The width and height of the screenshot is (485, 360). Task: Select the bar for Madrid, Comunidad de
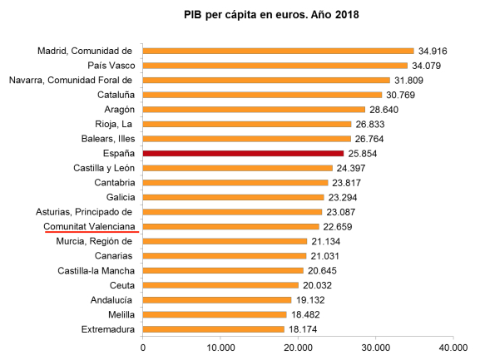tap(278, 51)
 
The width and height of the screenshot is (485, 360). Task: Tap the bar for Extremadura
tap(213, 329)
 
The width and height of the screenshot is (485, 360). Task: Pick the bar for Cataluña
tap(262, 95)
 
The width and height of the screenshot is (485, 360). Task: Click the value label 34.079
tap(428, 66)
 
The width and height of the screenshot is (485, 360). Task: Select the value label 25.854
tap(365, 154)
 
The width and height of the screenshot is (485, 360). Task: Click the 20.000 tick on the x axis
tap(298, 347)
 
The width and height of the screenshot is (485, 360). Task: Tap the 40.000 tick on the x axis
tap(453, 347)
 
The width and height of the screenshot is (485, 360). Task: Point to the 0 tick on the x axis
tap(143, 347)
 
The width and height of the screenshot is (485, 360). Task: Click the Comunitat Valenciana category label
tap(91, 226)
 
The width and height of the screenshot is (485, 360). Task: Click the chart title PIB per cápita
tap(271, 15)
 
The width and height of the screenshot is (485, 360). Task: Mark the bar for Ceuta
tap(220, 285)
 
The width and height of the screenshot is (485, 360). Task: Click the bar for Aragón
tap(254, 110)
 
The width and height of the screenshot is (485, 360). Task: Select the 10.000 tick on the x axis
tap(220, 347)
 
